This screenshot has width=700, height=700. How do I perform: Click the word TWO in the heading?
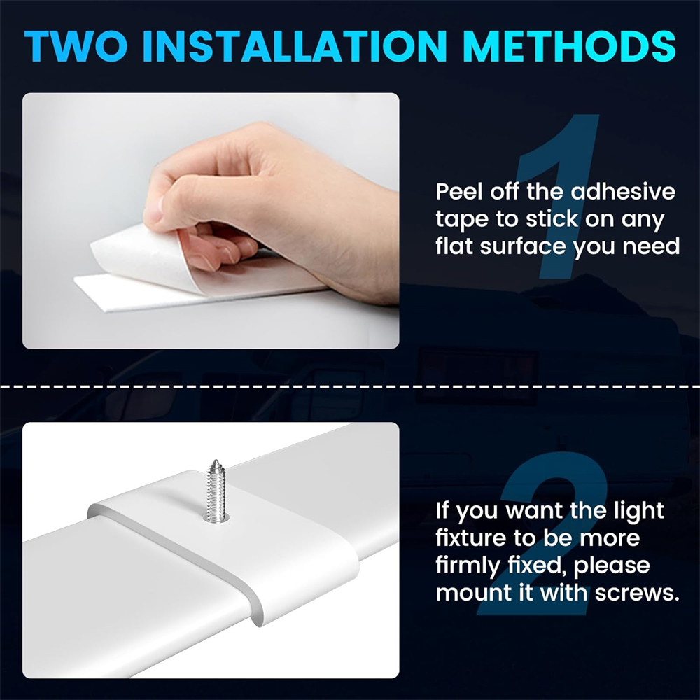[76, 45]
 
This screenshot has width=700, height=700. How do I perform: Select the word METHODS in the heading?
[570, 45]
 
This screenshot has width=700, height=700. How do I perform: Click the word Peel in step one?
[459, 192]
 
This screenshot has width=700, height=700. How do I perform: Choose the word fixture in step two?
[470, 538]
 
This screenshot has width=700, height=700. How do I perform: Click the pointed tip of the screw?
[216, 461]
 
